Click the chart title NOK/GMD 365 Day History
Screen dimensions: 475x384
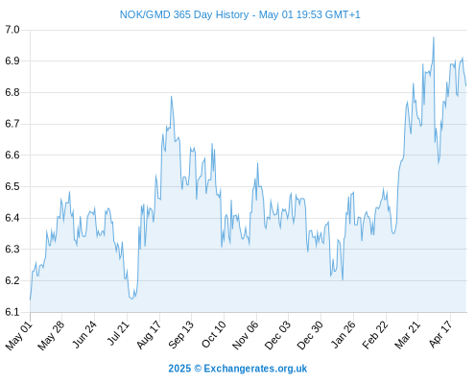[x=184, y=14]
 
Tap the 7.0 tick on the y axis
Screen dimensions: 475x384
[x=12, y=30]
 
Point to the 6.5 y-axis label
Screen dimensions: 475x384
[x=12, y=186]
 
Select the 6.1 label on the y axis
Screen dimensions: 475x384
[x=12, y=312]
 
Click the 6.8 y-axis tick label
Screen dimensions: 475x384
[x=12, y=92]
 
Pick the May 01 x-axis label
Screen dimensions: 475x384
[x=19, y=335]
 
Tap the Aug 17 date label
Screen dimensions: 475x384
[x=149, y=335]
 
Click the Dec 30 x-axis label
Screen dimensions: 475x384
[x=310, y=335]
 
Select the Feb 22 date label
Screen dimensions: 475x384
[x=375, y=335]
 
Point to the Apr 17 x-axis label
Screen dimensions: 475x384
[x=440, y=334]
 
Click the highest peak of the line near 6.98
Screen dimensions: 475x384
[x=434, y=37]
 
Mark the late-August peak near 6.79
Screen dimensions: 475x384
[x=172, y=96]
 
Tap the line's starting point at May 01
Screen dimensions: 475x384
[x=31, y=300]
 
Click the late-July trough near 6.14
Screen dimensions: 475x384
[x=131, y=299]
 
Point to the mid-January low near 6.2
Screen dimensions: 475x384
[x=343, y=280]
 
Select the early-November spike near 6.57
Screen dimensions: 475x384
[x=257, y=163]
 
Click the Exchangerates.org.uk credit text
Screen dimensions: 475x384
[x=255, y=369]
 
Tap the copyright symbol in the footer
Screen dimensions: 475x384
[x=198, y=369]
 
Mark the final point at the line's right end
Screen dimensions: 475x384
[x=466, y=85]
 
